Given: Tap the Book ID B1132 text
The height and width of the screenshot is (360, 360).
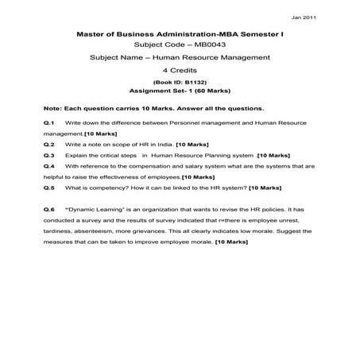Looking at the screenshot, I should (180, 82).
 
